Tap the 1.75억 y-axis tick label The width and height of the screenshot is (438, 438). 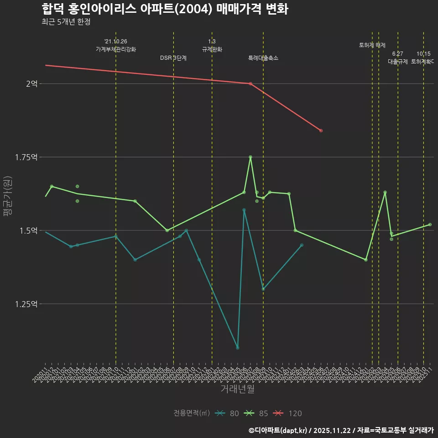(x=26, y=157)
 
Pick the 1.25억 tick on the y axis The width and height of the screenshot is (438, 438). (x=26, y=304)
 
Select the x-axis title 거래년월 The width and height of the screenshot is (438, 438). (x=237, y=389)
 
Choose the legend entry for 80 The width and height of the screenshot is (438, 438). (x=228, y=413)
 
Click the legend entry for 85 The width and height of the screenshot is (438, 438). (x=257, y=413)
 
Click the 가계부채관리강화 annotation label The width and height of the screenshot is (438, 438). (x=116, y=49)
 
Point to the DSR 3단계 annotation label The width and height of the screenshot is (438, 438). (x=173, y=58)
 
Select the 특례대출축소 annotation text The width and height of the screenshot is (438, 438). (x=263, y=58)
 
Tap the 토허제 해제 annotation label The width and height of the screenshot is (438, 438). (x=372, y=45)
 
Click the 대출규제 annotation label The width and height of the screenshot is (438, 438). (x=398, y=61)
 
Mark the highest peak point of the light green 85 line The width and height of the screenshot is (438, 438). (x=250, y=157)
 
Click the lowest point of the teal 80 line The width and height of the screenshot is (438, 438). (x=238, y=348)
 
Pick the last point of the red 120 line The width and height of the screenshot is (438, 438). (x=321, y=130)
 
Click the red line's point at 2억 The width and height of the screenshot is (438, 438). (x=250, y=83)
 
